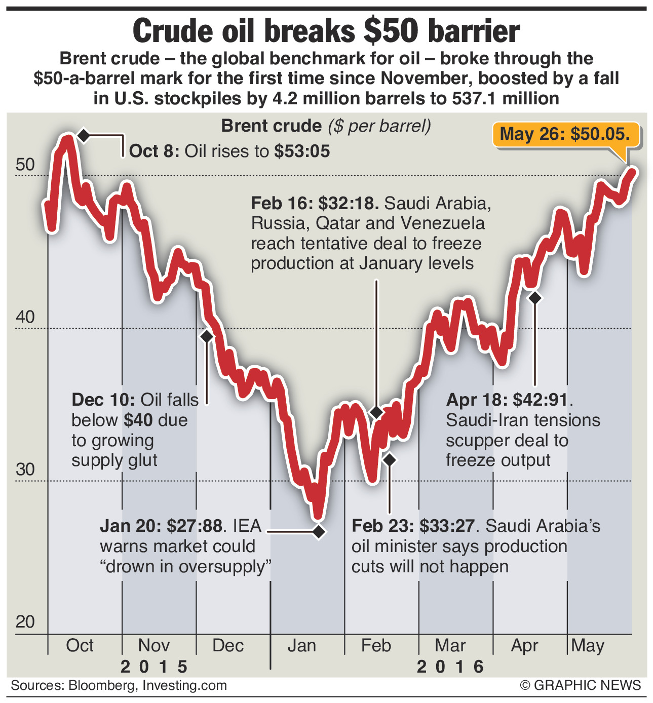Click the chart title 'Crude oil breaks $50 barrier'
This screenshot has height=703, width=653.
click(326, 31)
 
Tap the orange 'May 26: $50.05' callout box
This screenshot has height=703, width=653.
click(565, 134)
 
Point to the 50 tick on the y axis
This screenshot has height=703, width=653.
click(25, 165)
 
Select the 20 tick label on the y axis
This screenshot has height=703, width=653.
click(25, 621)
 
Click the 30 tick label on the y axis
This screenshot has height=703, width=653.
click(25, 470)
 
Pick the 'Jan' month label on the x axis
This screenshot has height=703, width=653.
click(302, 646)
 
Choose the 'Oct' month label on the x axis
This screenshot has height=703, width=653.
click(80, 646)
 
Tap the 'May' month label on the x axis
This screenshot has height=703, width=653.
click(588, 646)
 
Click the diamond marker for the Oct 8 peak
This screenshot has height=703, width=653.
click(83, 135)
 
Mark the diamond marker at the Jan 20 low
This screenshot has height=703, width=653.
click(319, 532)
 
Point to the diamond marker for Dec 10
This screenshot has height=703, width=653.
click(207, 336)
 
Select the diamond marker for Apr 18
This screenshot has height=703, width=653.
click(535, 298)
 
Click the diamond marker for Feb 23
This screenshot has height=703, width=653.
click(389, 460)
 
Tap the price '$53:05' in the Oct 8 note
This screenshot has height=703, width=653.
click(302, 151)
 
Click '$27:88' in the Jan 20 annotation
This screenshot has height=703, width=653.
click(195, 526)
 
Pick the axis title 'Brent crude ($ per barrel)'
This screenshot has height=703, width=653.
click(326, 126)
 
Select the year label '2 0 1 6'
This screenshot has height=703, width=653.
click(450, 667)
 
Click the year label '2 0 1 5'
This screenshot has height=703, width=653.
click(154, 667)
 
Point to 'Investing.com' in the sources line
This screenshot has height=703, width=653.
click(184, 686)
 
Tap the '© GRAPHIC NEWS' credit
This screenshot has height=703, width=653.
click(581, 686)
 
